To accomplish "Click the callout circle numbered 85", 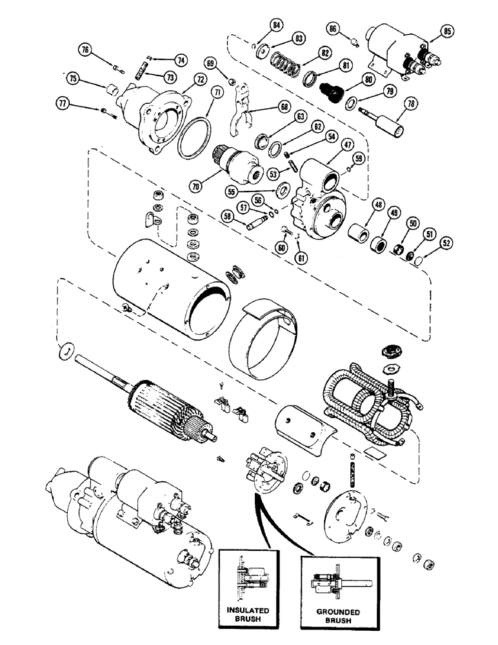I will [x=448, y=31].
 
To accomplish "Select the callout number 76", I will [x=86, y=50].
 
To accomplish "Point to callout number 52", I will [x=446, y=243].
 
